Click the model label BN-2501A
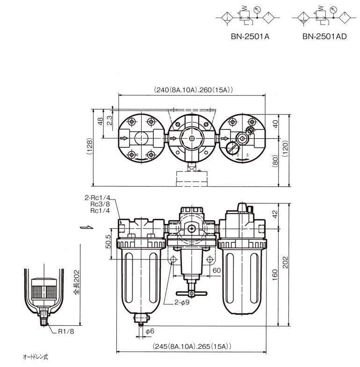pos(251,36)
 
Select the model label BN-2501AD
pos(324,36)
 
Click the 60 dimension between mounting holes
pos(216,270)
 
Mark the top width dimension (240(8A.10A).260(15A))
pos(194,90)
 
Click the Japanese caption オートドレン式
pos(36,357)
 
